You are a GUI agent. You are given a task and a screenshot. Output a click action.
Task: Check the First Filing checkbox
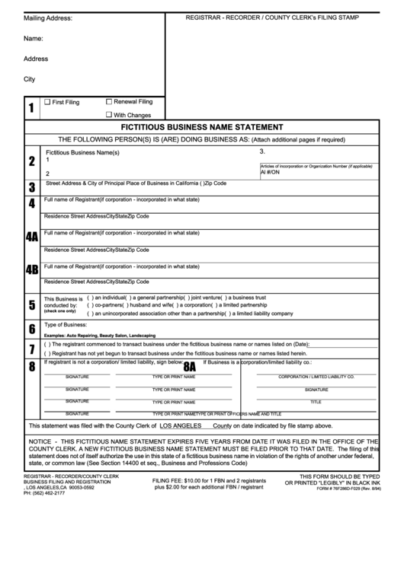(47, 102)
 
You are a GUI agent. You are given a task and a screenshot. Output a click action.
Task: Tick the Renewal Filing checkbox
(109, 101)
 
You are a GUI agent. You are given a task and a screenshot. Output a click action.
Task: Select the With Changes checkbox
(109, 114)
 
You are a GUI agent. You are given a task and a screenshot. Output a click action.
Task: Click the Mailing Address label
(48, 18)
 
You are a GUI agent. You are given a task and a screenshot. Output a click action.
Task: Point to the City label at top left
(30, 79)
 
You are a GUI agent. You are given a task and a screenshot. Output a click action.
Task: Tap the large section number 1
(30, 108)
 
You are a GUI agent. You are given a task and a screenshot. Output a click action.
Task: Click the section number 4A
(31, 237)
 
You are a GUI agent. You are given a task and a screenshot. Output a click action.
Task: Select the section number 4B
(31, 270)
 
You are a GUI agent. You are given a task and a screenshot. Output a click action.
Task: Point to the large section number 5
(31, 305)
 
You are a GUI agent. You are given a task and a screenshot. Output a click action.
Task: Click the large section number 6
(31, 330)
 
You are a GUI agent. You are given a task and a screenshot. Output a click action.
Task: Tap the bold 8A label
(190, 366)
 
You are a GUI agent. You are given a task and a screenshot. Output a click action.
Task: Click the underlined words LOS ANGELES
(181, 426)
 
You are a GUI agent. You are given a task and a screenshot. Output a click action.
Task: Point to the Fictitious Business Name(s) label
(82, 153)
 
